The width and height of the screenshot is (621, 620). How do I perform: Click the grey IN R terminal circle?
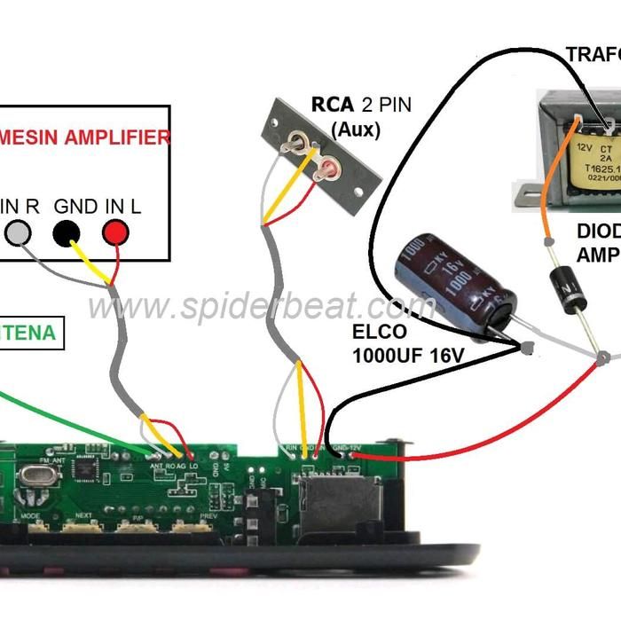[19, 233]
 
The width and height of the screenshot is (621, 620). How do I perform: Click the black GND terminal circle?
[66, 233]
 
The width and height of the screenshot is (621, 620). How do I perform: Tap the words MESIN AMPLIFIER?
[85, 137]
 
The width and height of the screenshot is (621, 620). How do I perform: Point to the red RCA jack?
[328, 167]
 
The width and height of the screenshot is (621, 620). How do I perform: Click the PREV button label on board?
[208, 515]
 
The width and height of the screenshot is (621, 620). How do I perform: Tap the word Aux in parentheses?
[355, 129]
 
